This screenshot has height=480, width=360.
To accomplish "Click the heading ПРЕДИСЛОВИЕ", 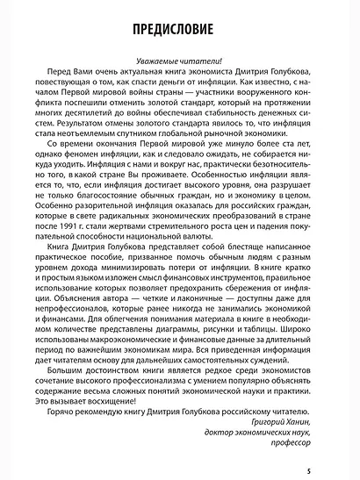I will pos(179,27).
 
